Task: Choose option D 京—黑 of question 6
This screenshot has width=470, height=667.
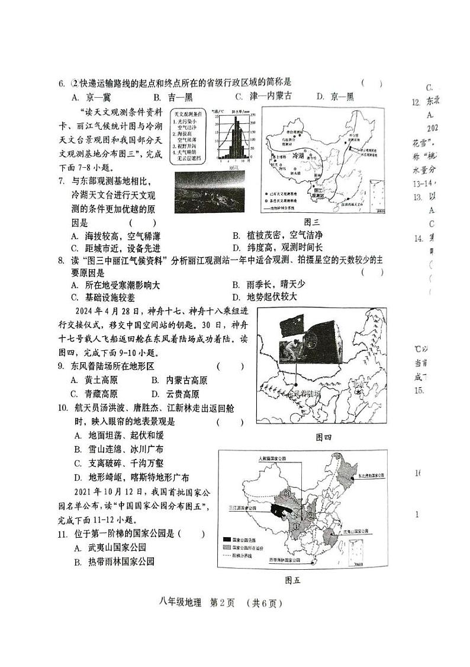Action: click(334, 97)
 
